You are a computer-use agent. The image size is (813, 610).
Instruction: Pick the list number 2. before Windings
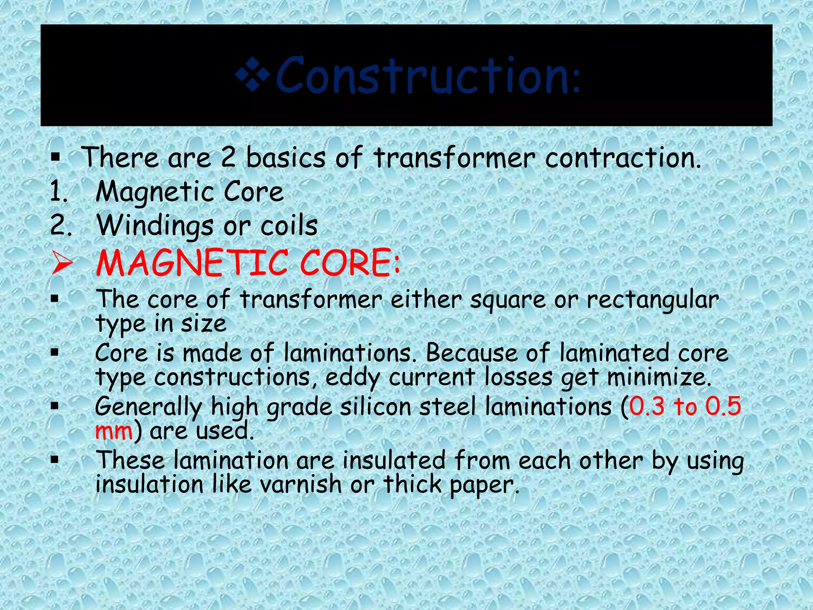click(61, 226)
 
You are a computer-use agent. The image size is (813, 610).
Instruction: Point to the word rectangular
click(653, 300)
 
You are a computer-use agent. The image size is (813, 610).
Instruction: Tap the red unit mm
click(114, 431)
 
